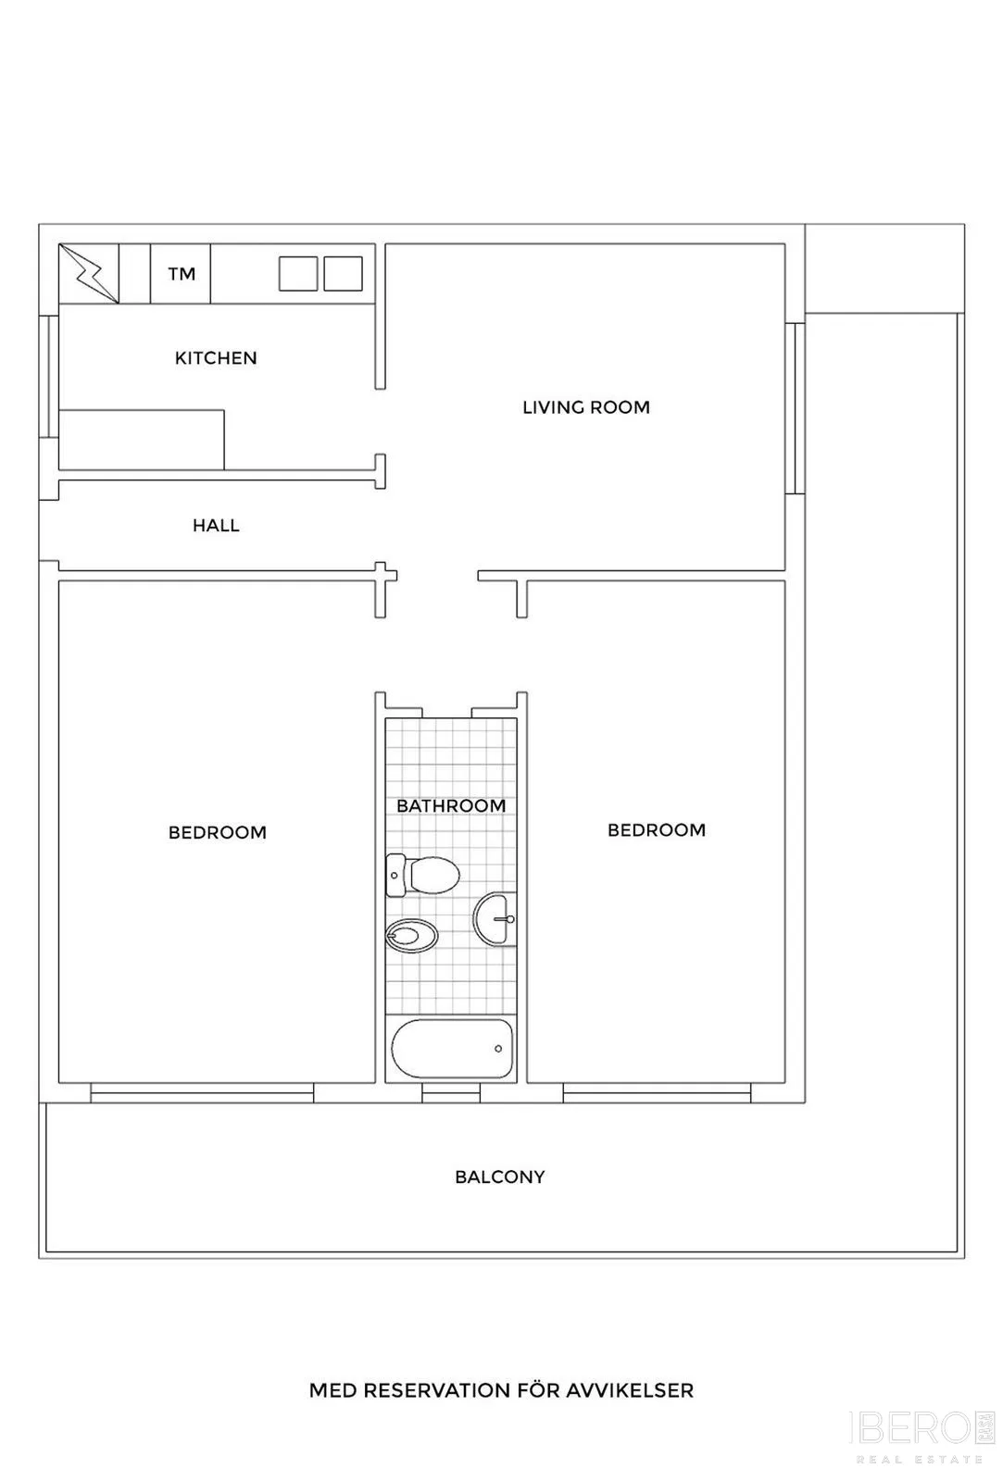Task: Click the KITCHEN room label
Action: point(216,357)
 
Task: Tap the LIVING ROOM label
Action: point(586,407)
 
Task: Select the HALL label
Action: point(216,526)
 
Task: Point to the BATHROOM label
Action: point(451,806)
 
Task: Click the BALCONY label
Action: point(500,1177)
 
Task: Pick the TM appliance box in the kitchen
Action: point(181,274)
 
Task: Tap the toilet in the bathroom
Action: point(422,875)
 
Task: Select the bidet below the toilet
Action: point(411,936)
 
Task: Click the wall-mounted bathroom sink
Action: point(495,919)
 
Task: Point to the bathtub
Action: point(452,1049)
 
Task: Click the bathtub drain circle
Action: point(498,1049)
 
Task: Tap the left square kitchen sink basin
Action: point(297,274)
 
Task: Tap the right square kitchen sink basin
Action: point(343,274)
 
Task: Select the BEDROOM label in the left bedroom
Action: point(218,832)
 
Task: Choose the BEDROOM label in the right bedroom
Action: point(657,830)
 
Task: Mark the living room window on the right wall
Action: point(796,408)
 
